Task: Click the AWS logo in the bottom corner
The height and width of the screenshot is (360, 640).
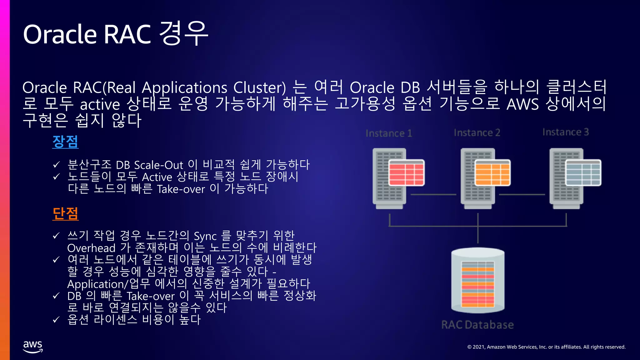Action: click(33, 347)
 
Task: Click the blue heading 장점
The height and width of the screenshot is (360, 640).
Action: click(65, 142)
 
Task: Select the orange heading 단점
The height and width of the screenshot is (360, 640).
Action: click(65, 214)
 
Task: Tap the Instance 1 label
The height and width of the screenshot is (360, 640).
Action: click(389, 133)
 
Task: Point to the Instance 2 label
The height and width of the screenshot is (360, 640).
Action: click(477, 133)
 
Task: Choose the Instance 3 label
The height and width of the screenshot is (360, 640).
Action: click(566, 132)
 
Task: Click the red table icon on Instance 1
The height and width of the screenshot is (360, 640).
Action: click(406, 173)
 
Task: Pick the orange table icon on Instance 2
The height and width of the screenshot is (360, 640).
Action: click(492, 173)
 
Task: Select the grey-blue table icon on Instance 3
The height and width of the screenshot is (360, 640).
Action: click(583, 173)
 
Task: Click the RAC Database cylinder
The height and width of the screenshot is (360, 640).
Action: click(478, 280)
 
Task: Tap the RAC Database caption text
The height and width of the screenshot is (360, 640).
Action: click(477, 325)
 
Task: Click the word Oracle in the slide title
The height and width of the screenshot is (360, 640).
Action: click(60, 34)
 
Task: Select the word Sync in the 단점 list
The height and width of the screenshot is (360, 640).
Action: click(205, 236)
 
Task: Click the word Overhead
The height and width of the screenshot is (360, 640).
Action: click(91, 248)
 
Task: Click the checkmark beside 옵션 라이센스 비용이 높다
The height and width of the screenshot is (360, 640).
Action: click(56, 320)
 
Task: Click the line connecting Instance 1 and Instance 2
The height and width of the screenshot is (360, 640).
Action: click(433, 194)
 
